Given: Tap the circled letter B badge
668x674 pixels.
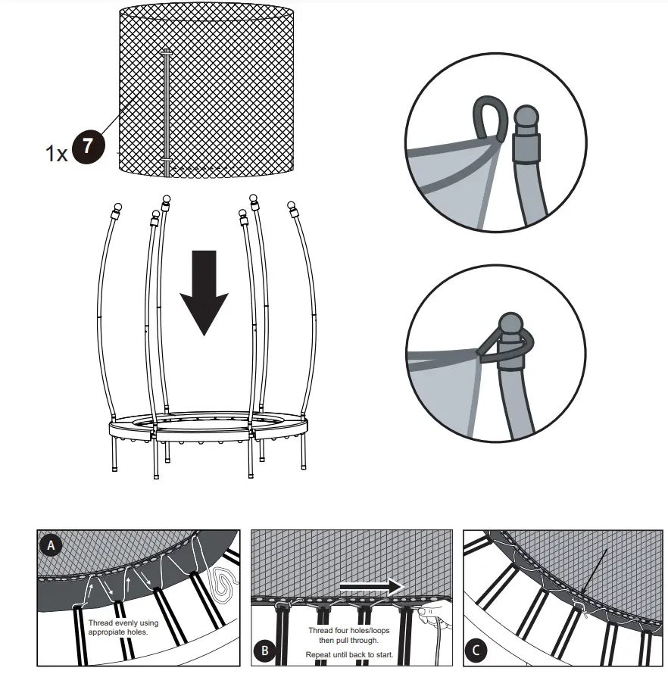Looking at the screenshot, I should [265, 648].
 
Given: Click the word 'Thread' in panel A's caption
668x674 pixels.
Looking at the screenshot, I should [103, 623].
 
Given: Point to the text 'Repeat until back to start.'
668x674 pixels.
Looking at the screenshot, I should [349, 653].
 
